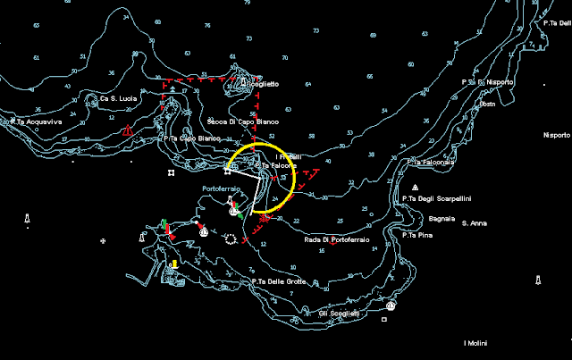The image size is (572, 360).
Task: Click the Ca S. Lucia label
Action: pos(116,98)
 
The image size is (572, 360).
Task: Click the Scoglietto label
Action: pos(262,83)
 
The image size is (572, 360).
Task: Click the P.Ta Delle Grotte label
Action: pos(279,281)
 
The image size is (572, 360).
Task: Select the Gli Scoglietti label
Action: pos(339,313)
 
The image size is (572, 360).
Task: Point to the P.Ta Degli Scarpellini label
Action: pos(437,198)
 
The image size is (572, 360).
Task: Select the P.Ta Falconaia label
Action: pos(433,163)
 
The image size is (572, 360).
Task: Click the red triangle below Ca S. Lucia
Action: pos(129,132)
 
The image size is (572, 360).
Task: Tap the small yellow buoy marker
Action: pos(175,264)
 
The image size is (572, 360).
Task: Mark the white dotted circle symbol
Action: pos(231,239)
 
